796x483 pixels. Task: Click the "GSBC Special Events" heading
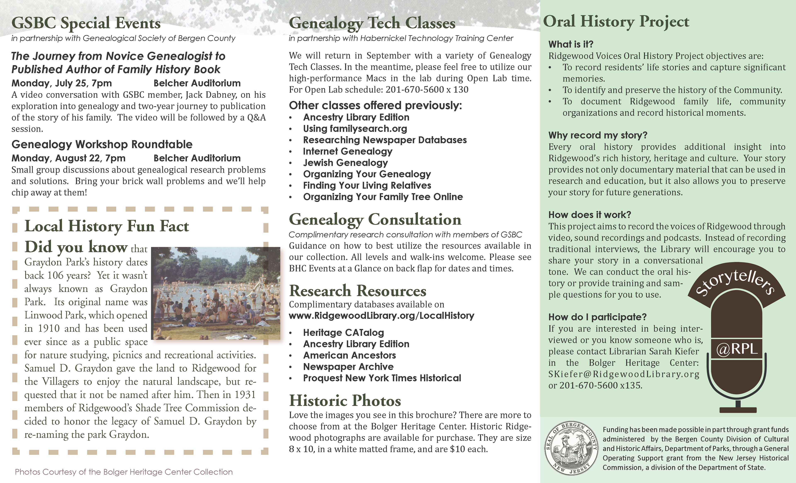(x=86, y=23)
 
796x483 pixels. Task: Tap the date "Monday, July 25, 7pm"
(x=62, y=83)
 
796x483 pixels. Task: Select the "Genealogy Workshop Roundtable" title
(x=102, y=144)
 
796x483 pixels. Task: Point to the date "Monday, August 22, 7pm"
(x=68, y=158)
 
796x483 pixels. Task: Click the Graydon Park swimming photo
(x=215, y=293)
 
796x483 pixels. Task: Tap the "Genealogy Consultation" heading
(x=375, y=220)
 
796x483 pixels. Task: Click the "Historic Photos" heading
(x=345, y=401)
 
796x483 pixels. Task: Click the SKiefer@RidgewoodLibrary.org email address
(x=624, y=374)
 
